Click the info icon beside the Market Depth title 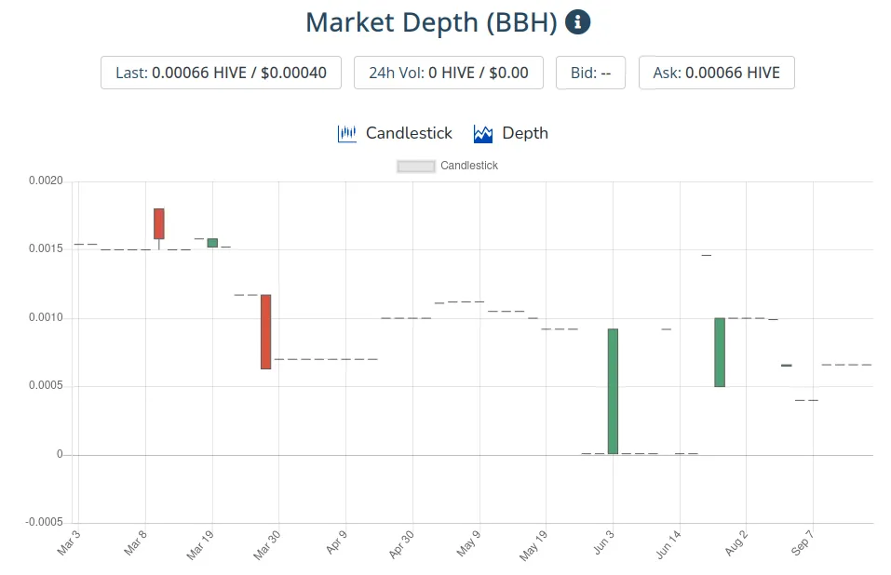(577, 22)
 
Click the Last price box (221, 73)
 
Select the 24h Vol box (448, 73)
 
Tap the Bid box (590, 73)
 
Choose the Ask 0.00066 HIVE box (716, 73)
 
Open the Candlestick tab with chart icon (395, 133)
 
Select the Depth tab (511, 133)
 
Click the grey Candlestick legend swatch (416, 167)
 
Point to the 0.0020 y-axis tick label (44, 181)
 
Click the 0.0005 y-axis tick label (44, 386)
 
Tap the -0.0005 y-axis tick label (42, 523)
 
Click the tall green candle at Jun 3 (613, 391)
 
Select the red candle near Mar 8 (159, 223)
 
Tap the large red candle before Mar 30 (265, 331)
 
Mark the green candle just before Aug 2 (720, 352)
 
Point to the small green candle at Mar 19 (212, 243)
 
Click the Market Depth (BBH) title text (431, 22)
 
